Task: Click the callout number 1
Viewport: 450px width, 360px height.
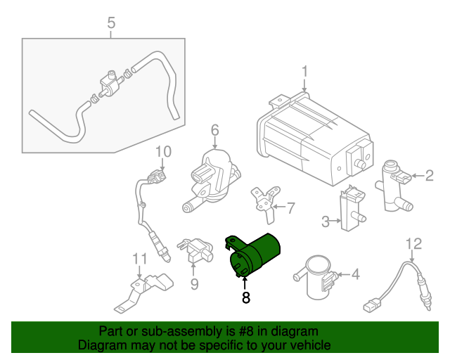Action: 305,72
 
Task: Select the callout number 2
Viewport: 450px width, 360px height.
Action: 429,176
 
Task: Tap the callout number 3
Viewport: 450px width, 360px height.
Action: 326,222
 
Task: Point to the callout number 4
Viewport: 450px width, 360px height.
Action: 355,274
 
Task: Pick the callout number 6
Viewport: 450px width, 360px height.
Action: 215,130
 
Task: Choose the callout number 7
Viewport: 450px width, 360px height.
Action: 290,207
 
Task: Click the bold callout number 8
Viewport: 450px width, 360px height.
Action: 245,297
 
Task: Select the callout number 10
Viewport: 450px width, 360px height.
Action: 163,151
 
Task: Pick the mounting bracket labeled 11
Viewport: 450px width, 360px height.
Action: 144,292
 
